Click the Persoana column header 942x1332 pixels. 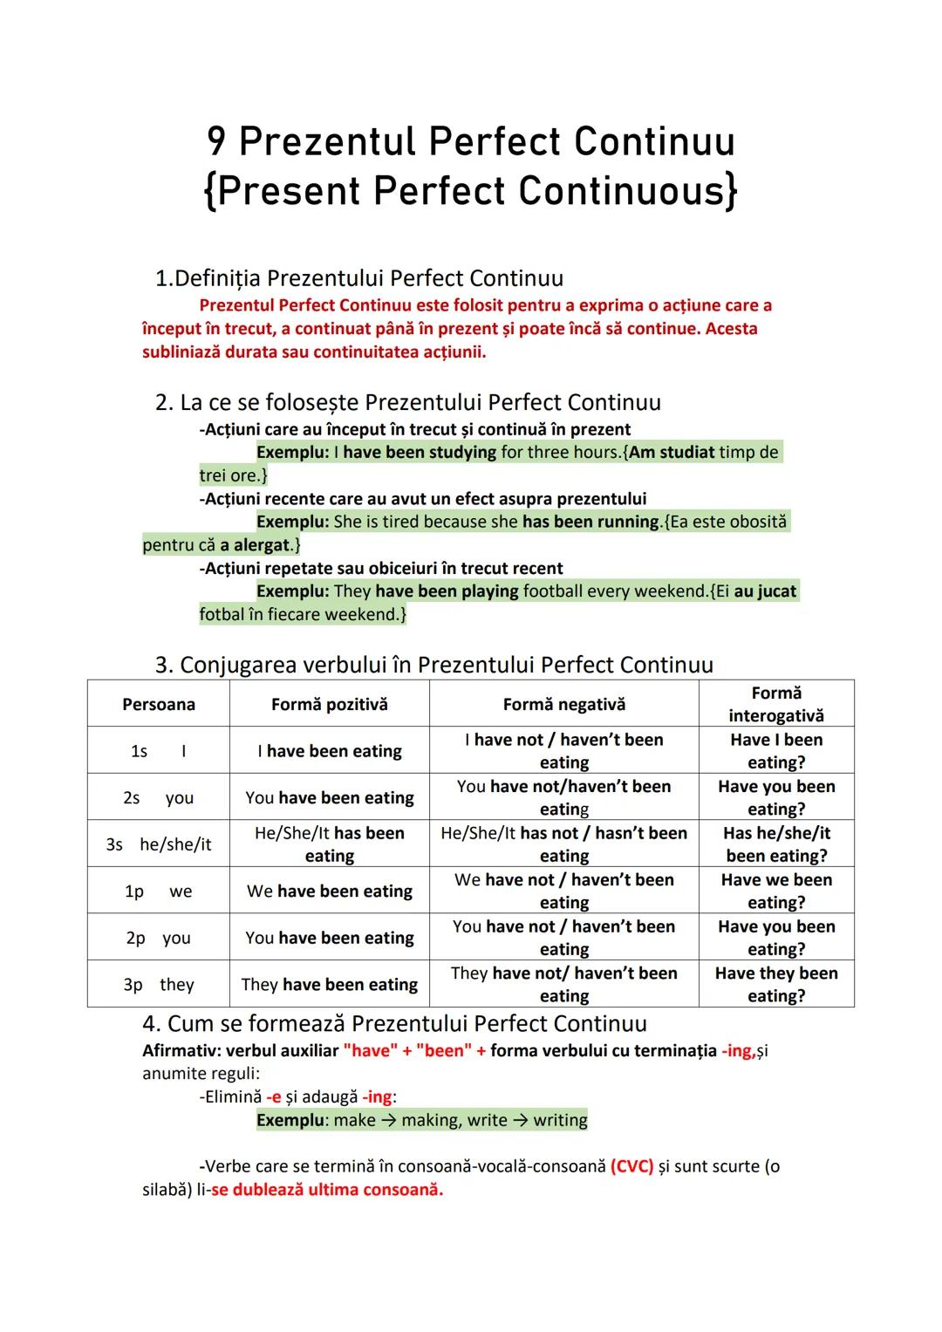point(159,704)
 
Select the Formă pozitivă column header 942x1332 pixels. point(330,704)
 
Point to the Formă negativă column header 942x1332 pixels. point(564,704)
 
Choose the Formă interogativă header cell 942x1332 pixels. point(776,704)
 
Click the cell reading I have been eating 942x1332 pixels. point(330,751)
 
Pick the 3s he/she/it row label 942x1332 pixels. point(159,844)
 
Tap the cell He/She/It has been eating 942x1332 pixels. point(330,844)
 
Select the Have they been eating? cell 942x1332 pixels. point(776,984)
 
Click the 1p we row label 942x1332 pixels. point(159,891)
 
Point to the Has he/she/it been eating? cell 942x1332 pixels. point(776,844)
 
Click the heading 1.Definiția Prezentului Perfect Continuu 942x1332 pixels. point(358,278)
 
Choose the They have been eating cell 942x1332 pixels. point(330,985)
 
